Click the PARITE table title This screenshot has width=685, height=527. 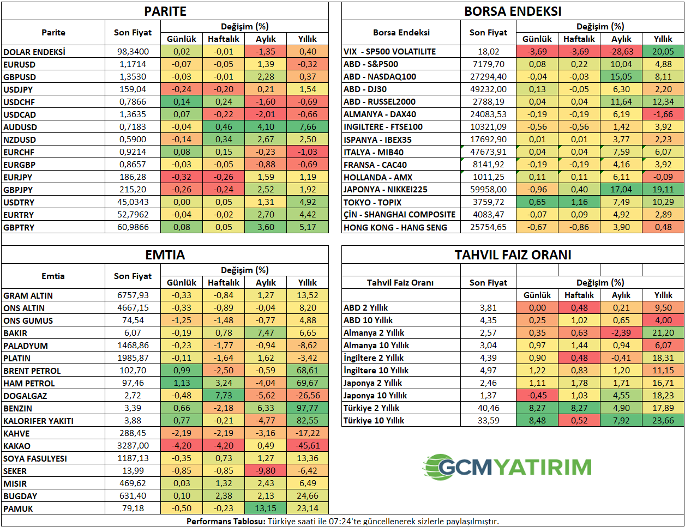[165, 11]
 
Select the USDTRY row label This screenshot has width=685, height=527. [19, 202]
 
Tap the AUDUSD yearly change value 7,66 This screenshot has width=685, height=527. [308, 127]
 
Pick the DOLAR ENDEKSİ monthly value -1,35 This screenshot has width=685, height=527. [266, 52]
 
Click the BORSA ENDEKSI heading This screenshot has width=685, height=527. [513, 11]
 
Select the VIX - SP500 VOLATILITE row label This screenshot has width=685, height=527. [389, 52]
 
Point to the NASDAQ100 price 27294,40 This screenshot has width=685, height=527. [488, 77]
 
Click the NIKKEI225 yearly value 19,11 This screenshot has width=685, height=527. [663, 190]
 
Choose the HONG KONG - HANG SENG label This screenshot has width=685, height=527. [395, 227]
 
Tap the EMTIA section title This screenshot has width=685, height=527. [165, 255]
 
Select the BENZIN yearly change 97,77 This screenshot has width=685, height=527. [308, 408]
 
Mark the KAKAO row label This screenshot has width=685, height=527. [17, 446]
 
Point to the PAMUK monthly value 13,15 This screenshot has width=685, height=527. [266, 508]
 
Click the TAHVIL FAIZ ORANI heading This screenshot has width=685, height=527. [513, 255]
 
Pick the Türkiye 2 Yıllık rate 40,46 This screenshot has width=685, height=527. [488, 408]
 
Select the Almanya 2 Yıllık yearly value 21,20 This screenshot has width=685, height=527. [663, 333]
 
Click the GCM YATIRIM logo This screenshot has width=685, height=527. [507, 467]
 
